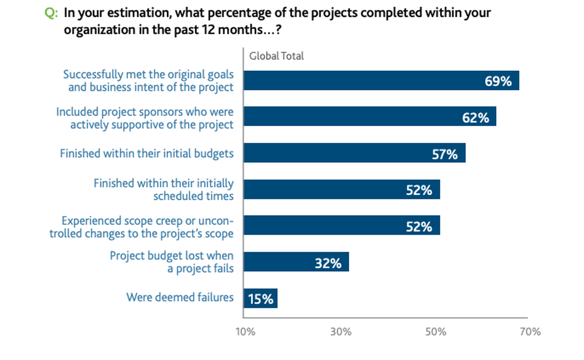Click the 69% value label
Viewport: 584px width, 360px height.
click(x=498, y=81)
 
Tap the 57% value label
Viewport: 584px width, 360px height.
click(x=445, y=154)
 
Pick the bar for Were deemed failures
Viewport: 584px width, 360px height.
click(x=261, y=298)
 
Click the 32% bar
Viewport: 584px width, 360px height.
click(x=296, y=262)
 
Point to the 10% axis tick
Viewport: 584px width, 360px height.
click(x=245, y=332)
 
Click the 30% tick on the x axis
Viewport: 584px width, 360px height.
click(x=341, y=332)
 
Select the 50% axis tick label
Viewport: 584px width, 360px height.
click(x=435, y=332)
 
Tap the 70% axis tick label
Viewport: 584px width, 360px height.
click(x=530, y=332)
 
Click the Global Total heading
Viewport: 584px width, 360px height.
click(x=276, y=56)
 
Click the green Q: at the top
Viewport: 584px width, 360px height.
click(x=51, y=13)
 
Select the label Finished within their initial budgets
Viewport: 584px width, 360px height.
click(x=147, y=154)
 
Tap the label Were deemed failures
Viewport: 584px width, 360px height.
click(x=180, y=297)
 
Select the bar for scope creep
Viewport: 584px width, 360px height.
click(x=342, y=225)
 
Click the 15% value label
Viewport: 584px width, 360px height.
click(x=261, y=299)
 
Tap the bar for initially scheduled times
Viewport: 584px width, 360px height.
click(x=342, y=189)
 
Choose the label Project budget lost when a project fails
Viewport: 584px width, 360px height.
click(x=172, y=262)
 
